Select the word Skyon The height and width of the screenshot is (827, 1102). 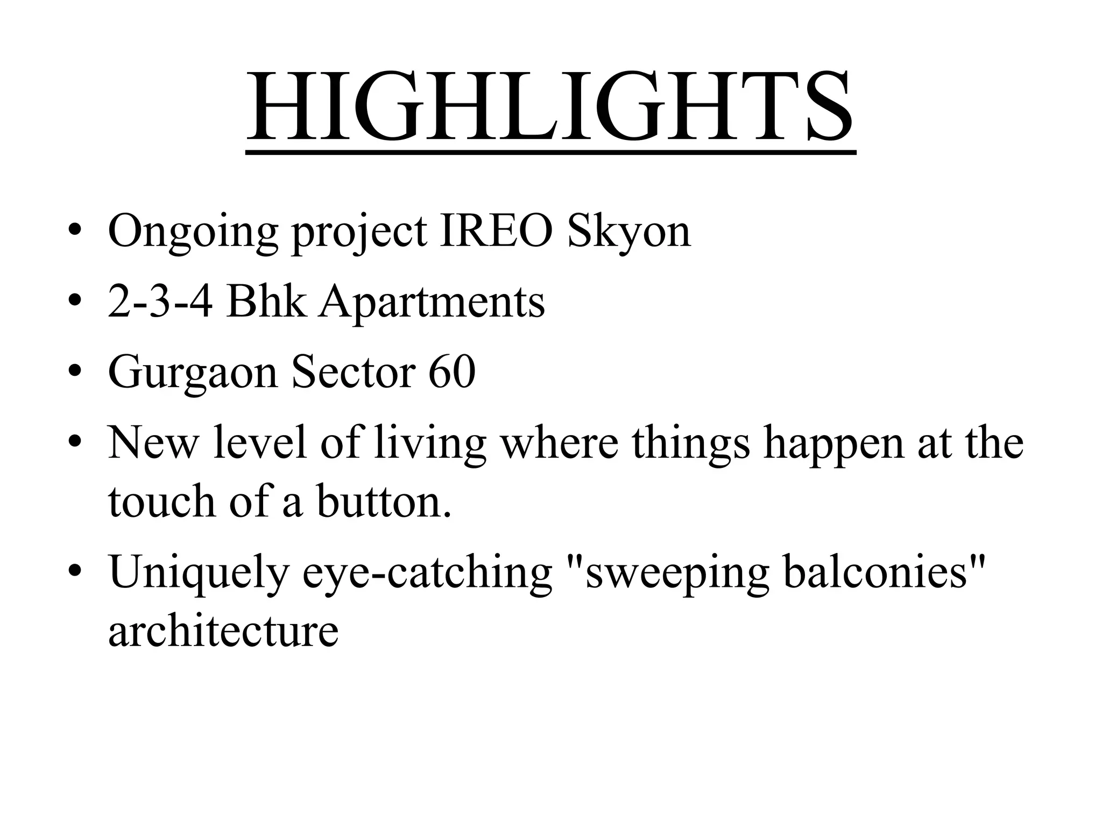tap(628, 233)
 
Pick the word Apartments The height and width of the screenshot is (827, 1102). tap(431, 303)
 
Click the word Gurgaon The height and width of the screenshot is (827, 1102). tap(193, 373)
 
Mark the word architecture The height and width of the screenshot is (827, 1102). tap(223, 629)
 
